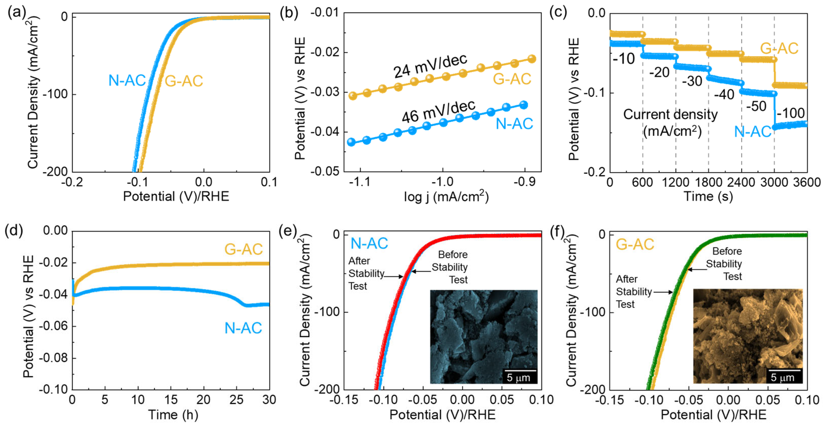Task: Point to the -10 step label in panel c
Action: [624, 59]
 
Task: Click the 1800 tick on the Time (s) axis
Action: [708, 183]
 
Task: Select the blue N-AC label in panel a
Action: [127, 80]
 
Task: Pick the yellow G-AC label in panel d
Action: [243, 249]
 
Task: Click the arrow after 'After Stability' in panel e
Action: [394, 276]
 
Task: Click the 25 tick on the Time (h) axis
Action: [236, 400]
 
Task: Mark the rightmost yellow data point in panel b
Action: [532, 59]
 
